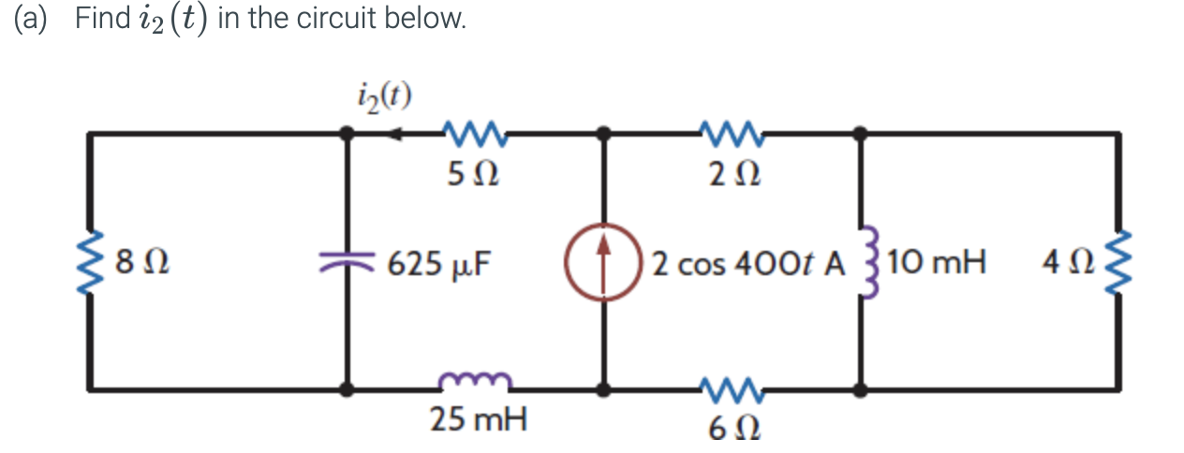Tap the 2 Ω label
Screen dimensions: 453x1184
pyautogui.click(x=731, y=174)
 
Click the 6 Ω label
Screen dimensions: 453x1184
pyautogui.click(x=731, y=430)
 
